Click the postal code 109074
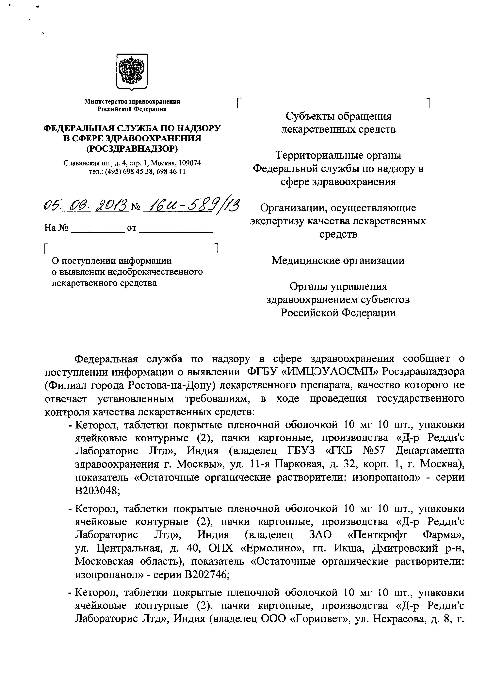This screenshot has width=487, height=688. point(189,163)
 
